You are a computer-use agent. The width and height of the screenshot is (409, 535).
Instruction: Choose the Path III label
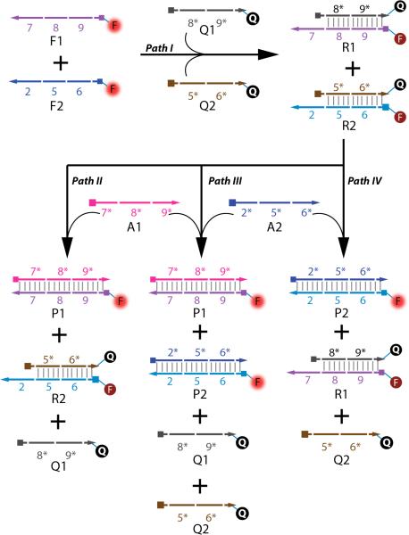(x=225, y=180)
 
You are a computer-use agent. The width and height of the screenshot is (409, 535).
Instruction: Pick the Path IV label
(x=363, y=180)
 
